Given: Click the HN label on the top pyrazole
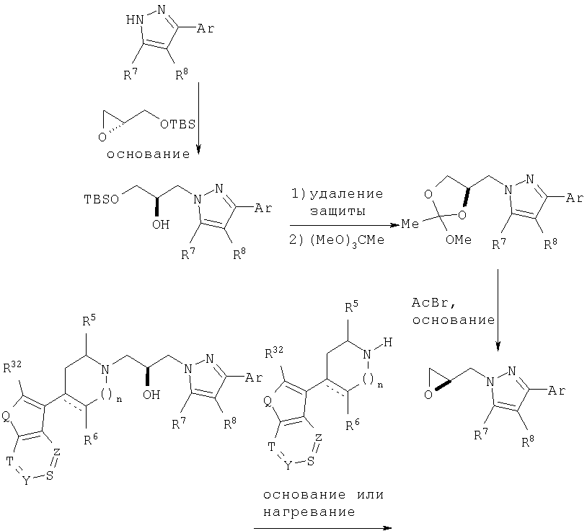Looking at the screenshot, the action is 135,20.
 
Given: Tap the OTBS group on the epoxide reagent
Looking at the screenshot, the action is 178,124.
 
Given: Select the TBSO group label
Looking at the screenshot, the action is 102,199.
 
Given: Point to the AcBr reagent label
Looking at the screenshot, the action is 433,302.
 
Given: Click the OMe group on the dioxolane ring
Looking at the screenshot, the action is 458,240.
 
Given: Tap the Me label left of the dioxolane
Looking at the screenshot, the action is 410,224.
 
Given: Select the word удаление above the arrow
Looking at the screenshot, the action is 347,193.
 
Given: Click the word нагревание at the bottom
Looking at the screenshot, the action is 309,512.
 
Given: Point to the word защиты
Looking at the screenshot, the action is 338,211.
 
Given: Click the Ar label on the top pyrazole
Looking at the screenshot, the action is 206,28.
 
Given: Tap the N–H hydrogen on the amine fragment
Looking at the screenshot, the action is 388,342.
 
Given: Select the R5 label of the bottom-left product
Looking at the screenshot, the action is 89,320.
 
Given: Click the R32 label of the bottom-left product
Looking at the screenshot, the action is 12,368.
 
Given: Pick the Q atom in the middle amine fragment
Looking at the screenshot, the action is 268,402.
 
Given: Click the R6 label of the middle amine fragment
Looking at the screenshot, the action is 353,426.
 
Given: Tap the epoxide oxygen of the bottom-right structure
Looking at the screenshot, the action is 428,395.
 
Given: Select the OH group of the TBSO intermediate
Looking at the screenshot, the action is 161,224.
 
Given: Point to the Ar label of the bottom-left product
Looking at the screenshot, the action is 254,378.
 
